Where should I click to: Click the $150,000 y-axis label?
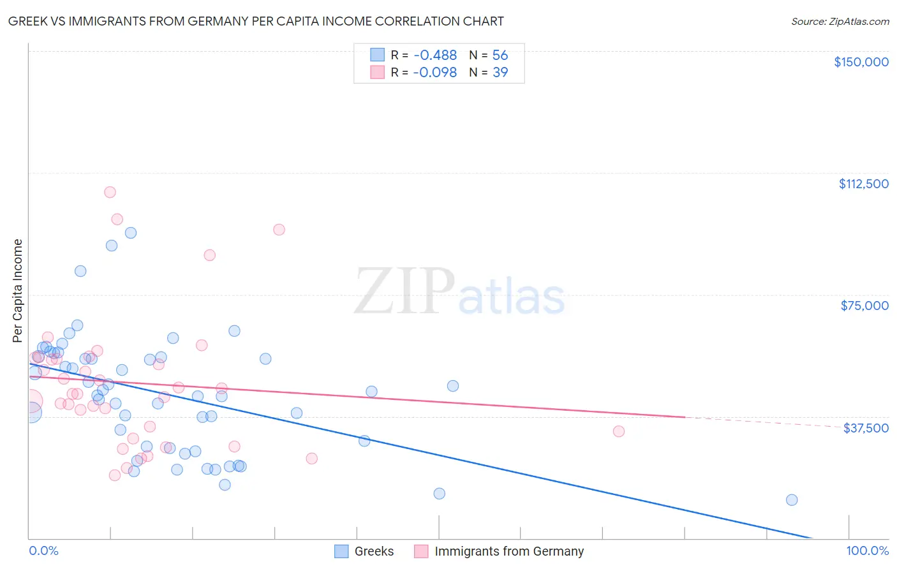(861, 62)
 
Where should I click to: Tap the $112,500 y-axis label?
(863, 184)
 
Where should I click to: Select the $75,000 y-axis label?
(864, 306)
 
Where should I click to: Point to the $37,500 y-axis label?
(865, 428)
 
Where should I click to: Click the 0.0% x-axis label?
(43, 551)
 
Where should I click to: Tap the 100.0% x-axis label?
(867, 551)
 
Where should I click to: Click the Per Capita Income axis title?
(18, 290)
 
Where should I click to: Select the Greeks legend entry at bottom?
(374, 551)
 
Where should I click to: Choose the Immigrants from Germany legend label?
(508, 551)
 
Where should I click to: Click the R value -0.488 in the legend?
(434, 55)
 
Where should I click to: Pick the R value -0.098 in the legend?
(434, 73)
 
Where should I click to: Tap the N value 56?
(500, 55)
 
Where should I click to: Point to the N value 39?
(500, 73)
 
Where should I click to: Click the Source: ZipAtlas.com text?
(840, 22)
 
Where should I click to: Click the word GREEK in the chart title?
(26, 22)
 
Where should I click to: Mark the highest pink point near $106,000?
(110, 192)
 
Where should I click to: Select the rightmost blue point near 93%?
(792, 500)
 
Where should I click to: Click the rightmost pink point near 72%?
(618, 431)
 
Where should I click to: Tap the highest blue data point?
(131, 233)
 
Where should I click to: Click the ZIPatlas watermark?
(459, 292)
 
